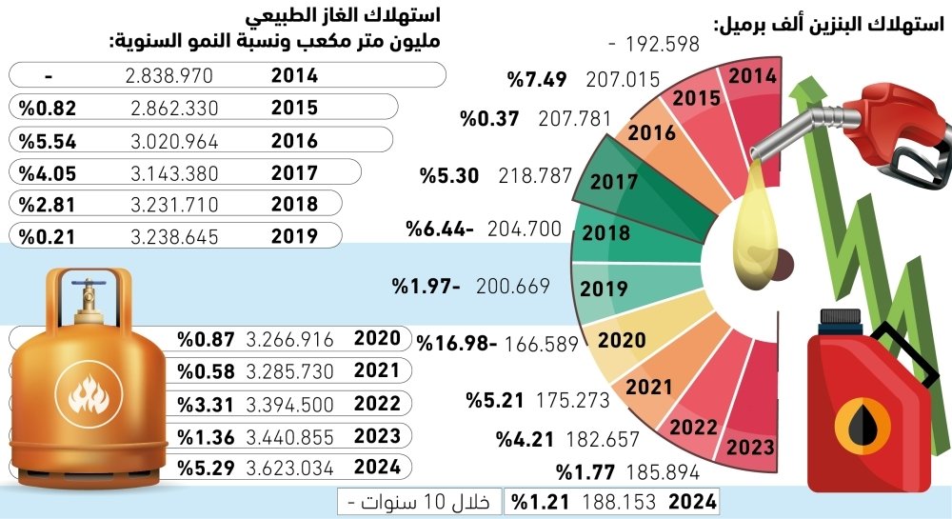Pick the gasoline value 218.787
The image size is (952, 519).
pos(535,177)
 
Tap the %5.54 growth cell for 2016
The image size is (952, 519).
pos(46,142)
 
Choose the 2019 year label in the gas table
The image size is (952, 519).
pos(294,236)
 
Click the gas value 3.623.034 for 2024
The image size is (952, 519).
pos(289,467)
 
